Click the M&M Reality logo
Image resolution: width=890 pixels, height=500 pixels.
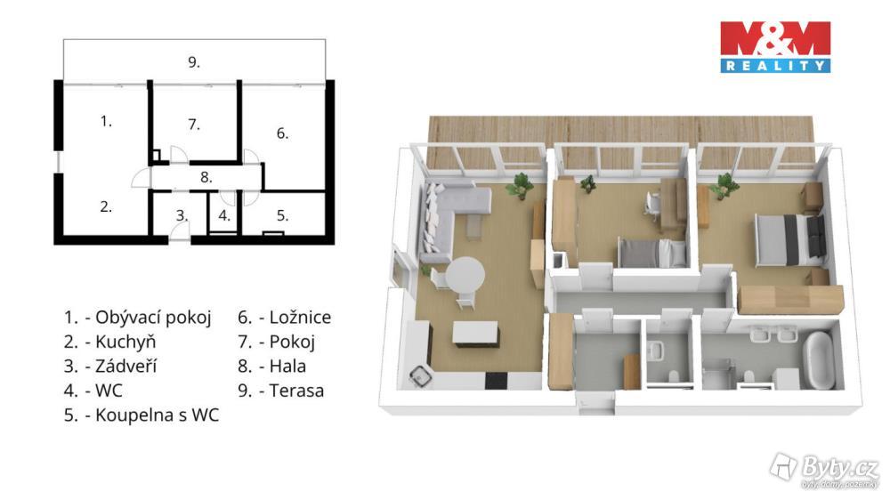[x=775, y=47]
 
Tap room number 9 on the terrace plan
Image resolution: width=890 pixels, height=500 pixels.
[x=194, y=62]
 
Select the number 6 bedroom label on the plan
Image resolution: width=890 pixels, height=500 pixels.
[x=282, y=133]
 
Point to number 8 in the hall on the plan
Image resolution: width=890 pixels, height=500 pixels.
[x=206, y=177]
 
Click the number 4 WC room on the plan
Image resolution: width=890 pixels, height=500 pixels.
[x=224, y=215]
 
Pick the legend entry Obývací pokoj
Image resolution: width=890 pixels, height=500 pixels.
[x=137, y=318]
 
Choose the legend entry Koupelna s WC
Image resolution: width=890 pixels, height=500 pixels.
[x=142, y=415]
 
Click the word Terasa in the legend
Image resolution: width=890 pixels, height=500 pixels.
[x=296, y=391]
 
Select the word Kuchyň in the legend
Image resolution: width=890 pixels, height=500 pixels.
[x=125, y=342]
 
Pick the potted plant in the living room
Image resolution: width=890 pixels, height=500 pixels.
[x=520, y=186]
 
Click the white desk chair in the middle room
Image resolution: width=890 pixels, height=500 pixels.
[x=652, y=205]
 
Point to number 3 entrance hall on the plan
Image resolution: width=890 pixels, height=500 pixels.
[x=181, y=215]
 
